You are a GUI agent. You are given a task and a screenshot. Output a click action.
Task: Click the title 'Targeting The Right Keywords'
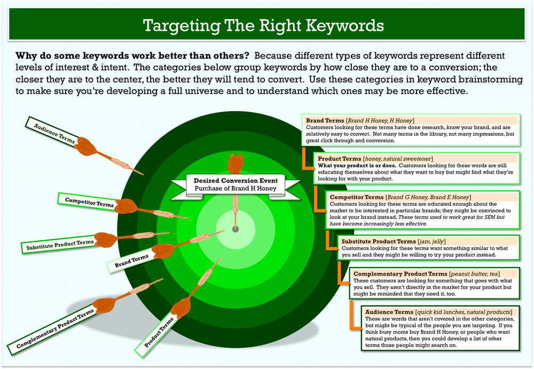263,26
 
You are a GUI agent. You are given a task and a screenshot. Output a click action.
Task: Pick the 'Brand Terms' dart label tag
131,261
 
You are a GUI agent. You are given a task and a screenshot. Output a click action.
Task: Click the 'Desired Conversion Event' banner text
235,180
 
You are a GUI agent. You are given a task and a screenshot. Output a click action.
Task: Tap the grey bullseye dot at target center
235,229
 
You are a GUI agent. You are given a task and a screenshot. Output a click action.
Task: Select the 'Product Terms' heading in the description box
339,159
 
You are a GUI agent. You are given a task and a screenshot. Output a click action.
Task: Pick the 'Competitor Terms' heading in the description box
356,197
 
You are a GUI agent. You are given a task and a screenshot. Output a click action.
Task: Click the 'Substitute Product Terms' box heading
379,241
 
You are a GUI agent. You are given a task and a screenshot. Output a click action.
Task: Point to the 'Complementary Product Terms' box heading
400,274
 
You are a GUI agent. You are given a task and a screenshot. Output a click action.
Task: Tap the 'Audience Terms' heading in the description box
389,312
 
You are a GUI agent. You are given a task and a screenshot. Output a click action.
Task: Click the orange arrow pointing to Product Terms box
307,160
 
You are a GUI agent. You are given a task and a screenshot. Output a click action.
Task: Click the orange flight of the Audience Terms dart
87,146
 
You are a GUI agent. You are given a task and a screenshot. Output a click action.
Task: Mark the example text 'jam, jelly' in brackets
431,241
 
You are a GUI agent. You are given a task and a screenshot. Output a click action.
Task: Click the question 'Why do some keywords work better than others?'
132,56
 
